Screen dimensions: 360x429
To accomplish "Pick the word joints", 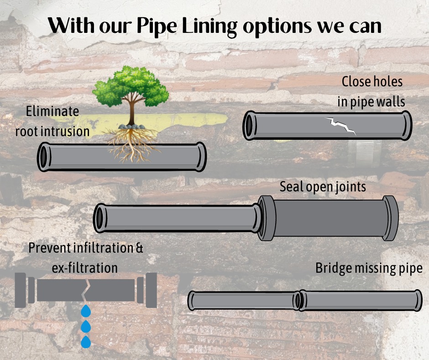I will click(350, 187).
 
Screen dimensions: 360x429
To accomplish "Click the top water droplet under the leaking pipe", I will click(85, 312).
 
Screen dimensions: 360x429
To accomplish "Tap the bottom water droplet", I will click(85, 342).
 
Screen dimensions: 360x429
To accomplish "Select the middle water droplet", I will click(85, 327).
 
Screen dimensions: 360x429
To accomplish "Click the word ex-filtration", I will click(85, 267).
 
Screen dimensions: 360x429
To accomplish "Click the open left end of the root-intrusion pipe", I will click(44, 157).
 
